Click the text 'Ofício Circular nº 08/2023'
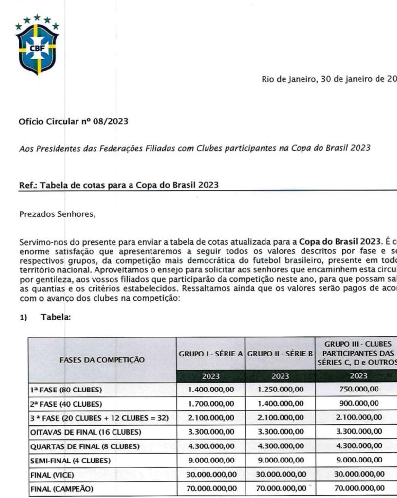pos(73,121)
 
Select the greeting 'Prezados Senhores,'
pos(57,213)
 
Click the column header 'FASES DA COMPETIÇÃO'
pos(102,360)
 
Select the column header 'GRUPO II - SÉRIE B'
pos(280,354)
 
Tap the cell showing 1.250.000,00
pos(280,389)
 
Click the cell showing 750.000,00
pos(359,389)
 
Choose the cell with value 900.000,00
pos(359,404)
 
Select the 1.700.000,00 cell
pos(211,404)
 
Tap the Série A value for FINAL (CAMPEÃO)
pos(211,488)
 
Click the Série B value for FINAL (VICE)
pos(280,474)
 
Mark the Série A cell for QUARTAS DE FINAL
pos(211,446)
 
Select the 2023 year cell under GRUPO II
pos(280,376)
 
